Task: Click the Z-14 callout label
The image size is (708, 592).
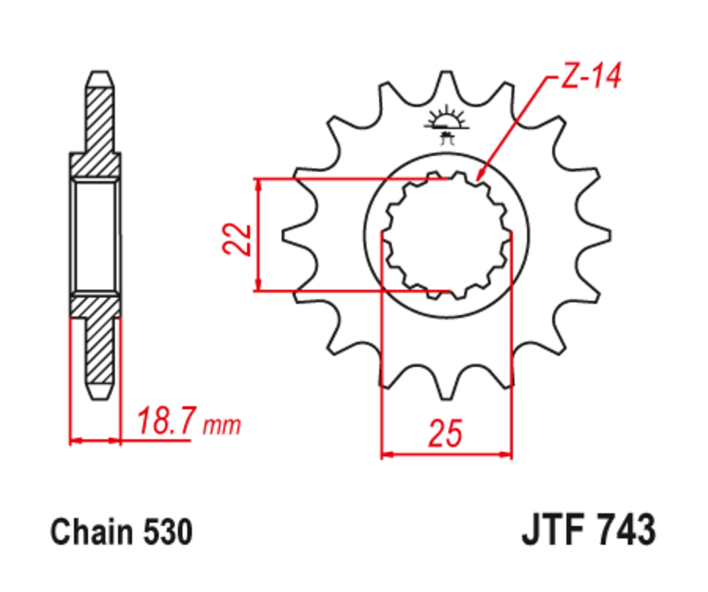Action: click(x=590, y=78)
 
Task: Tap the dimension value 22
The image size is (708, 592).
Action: click(x=236, y=239)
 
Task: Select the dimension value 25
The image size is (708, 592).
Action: click(x=444, y=434)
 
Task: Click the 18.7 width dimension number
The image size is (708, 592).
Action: click(x=168, y=423)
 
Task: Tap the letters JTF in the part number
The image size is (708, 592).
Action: click(x=553, y=530)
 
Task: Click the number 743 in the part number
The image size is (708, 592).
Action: click(x=625, y=530)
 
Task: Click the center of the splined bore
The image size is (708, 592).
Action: click(x=446, y=234)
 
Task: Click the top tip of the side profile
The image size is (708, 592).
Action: click(x=99, y=76)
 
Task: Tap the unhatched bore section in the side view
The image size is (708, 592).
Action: click(x=97, y=234)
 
